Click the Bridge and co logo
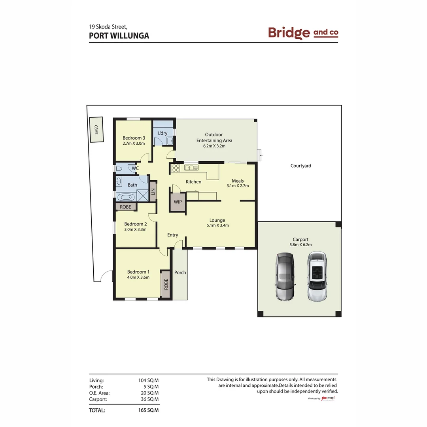[303, 33]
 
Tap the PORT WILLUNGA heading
[119, 36]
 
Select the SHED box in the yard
[96, 130]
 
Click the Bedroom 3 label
[133, 138]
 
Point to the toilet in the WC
[119, 169]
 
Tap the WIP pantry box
[178, 202]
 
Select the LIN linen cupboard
[153, 192]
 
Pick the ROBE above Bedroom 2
[126, 207]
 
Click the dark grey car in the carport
[284, 276]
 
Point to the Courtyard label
[300, 166]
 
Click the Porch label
[180, 272]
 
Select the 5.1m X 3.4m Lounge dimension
[217, 226]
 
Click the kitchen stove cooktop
[176, 168]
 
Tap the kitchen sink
[191, 168]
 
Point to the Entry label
[172, 235]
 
